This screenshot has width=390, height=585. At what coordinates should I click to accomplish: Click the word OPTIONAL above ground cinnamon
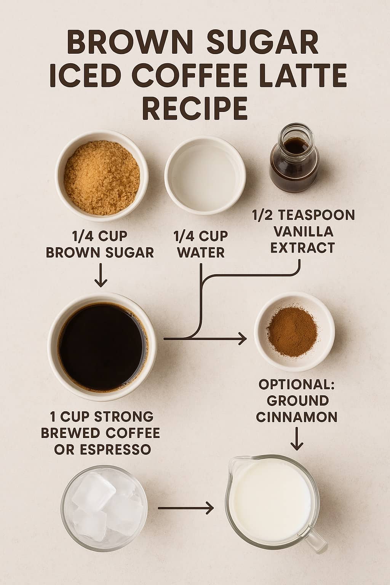pyautogui.click(x=296, y=384)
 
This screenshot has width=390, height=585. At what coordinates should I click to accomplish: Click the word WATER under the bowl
pyautogui.click(x=201, y=253)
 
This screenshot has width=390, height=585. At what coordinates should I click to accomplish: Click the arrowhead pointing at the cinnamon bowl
pyautogui.click(x=242, y=338)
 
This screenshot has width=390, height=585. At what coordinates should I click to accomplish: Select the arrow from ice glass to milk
pyautogui.click(x=185, y=508)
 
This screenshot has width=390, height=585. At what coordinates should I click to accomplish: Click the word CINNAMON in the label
pyautogui.click(x=297, y=417)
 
